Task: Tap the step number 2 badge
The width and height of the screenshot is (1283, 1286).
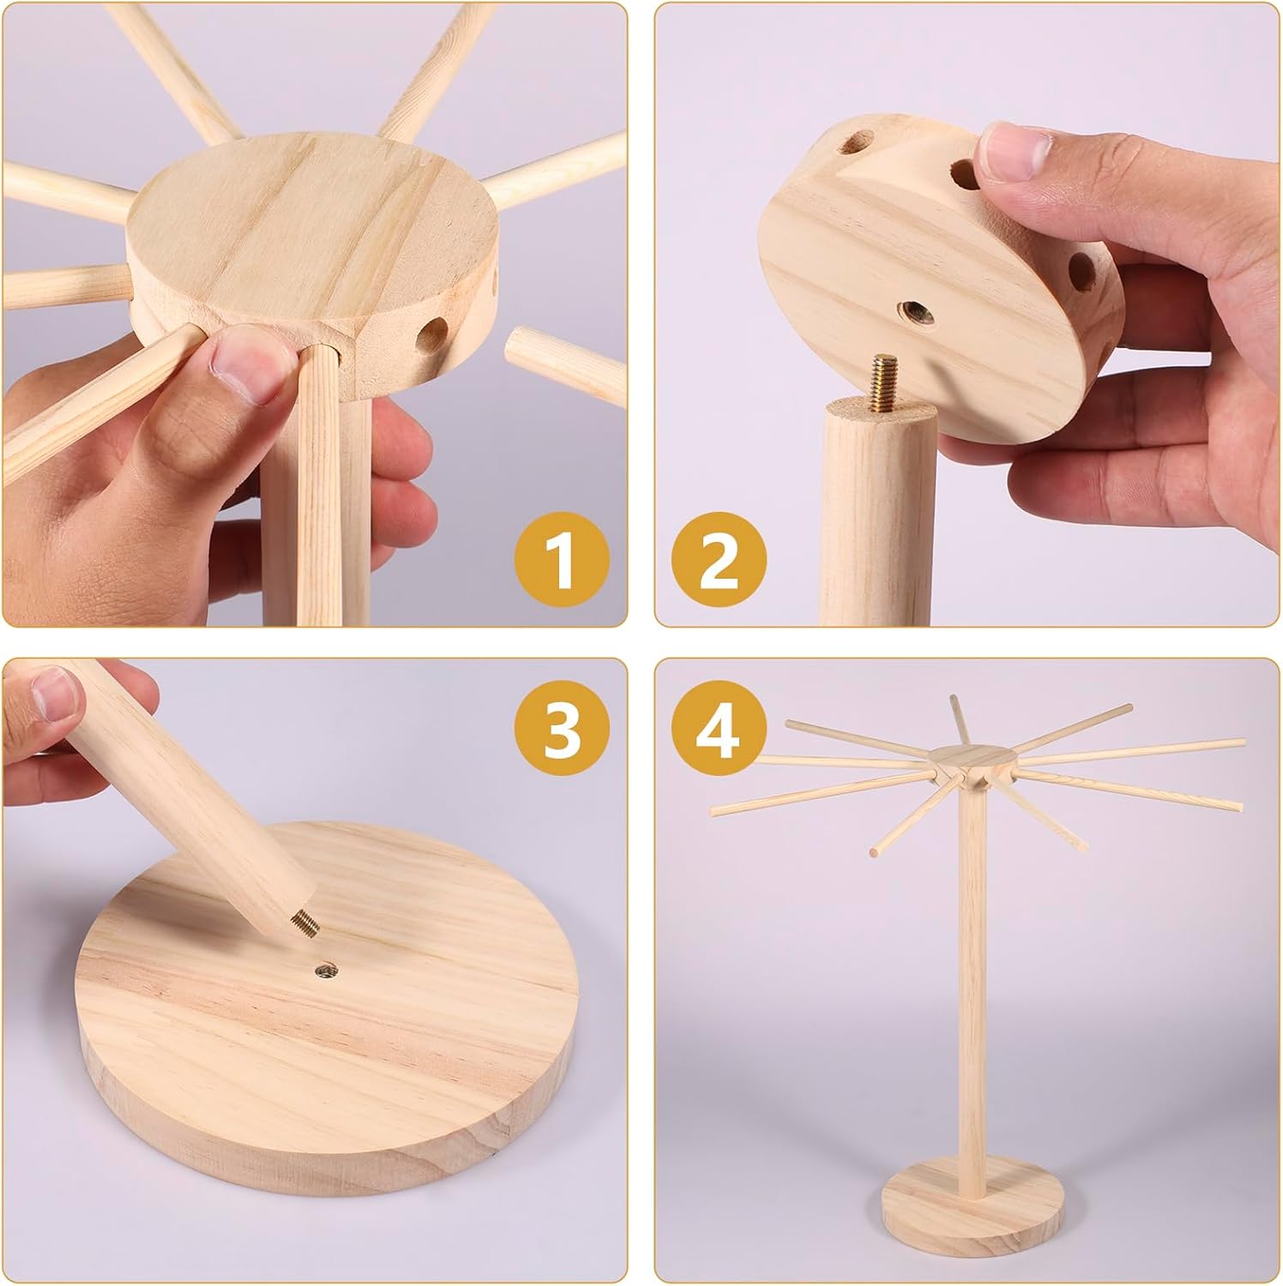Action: click(x=718, y=562)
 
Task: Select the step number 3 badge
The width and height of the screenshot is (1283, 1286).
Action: click(x=561, y=730)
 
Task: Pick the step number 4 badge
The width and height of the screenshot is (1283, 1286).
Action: click(x=718, y=730)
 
